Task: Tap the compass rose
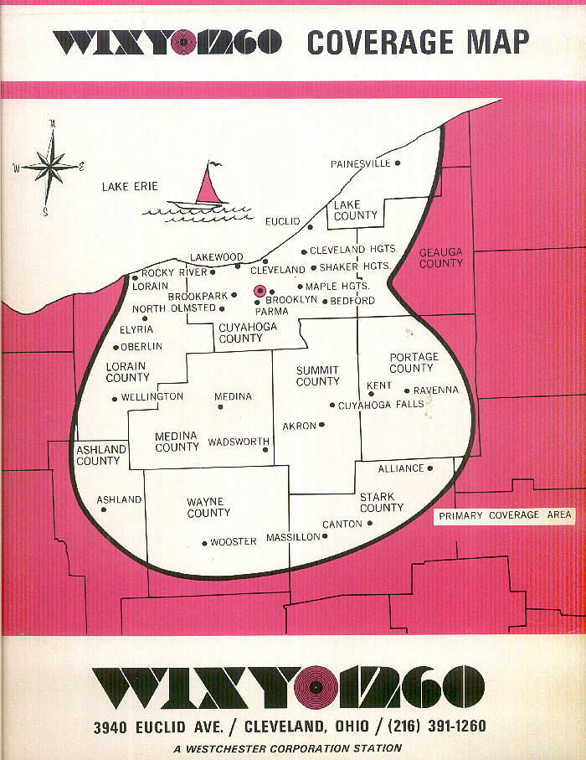51,168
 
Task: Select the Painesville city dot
398,163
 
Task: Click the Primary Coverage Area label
505,515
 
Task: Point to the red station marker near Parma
260,291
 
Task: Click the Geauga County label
440,257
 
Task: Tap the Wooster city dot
204,543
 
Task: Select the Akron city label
299,426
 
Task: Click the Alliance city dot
430,468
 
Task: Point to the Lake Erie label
130,186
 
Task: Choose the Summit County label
317,375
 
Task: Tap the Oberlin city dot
116,347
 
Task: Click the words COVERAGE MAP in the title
418,41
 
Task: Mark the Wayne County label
208,507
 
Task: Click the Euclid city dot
310,226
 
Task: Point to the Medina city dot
220,407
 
